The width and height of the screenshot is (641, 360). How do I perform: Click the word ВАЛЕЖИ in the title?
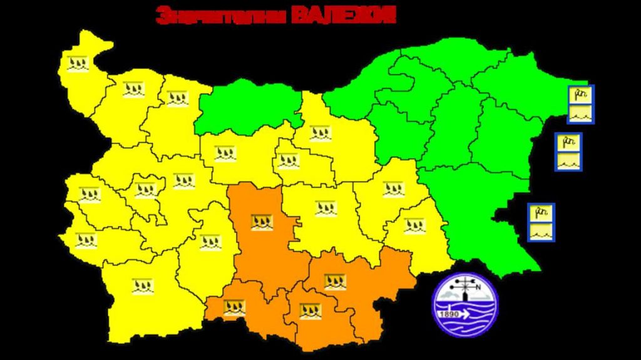click(344, 15)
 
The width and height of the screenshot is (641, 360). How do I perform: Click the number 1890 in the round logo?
click(448, 314)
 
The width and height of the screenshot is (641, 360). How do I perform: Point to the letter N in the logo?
click(478, 287)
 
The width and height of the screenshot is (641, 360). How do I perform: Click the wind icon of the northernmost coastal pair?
click(580, 95)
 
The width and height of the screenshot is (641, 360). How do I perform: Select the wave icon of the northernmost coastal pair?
click(580, 114)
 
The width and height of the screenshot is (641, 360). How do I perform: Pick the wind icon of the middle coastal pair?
click(568, 143)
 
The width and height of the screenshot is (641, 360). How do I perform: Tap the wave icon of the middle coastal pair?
click(568, 162)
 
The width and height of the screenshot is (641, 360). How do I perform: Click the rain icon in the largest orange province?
click(262, 222)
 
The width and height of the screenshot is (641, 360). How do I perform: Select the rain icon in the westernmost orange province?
click(235, 307)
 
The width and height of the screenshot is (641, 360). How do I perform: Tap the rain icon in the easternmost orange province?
click(335, 282)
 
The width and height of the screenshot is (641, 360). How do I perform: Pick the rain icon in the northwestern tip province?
click(78, 63)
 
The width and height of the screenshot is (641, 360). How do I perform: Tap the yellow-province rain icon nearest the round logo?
click(414, 225)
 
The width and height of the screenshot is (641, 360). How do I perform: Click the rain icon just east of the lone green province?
click(320, 133)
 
